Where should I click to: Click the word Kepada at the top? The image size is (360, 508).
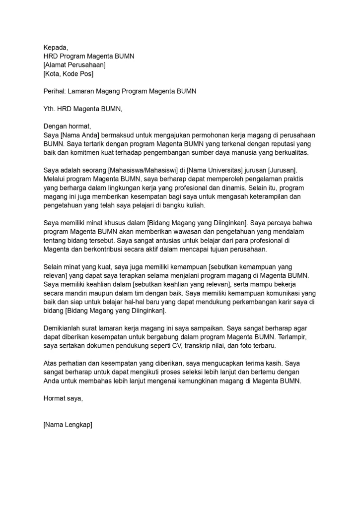coord(55,48)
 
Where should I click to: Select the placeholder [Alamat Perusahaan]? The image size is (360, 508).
coord(74,65)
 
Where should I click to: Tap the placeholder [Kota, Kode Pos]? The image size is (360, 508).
coord(68,74)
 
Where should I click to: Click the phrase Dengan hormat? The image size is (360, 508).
coord(67,126)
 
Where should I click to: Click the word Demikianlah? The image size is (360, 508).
coord(63,328)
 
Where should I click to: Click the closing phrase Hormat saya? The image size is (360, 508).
coord(63,398)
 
